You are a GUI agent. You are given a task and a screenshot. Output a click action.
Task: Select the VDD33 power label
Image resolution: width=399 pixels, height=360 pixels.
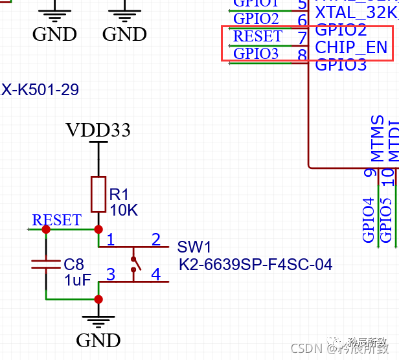click(x=98, y=130)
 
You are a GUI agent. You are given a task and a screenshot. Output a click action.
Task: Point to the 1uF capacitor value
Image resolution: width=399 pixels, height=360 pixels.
click(x=78, y=280)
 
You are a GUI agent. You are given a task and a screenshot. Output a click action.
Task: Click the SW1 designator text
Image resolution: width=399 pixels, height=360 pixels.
click(x=194, y=247)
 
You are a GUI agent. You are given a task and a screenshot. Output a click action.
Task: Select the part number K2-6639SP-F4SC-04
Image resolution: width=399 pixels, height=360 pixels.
click(x=255, y=264)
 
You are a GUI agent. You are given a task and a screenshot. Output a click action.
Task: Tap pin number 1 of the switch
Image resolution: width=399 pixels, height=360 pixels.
click(x=111, y=240)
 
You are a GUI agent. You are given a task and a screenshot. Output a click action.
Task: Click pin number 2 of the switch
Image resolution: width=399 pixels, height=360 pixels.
click(x=155, y=240)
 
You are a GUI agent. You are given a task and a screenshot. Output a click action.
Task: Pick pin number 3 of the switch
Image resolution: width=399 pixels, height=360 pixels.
click(x=111, y=275)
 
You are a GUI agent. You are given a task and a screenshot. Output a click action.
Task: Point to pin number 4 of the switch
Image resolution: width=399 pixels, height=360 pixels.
click(x=155, y=275)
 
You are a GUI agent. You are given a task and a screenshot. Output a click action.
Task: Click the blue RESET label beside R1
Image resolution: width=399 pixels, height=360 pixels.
click(x=56, y=220)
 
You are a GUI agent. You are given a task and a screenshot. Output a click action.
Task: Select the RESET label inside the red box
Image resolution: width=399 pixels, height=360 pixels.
click(x=257, y=36)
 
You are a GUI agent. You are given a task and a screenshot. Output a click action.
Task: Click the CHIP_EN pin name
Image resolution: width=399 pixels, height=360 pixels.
click(x=351, y=47)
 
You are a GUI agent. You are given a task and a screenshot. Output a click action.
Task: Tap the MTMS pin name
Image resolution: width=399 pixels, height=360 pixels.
click(x=378, y=139)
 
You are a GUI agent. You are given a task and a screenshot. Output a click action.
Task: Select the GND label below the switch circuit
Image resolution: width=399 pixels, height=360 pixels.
click(x=98, y=340)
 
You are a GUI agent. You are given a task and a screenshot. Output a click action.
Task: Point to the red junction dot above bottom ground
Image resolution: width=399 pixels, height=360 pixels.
click(x=98, y=299)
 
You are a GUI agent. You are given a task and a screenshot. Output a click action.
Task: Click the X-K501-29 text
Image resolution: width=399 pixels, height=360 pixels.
click(x=40, y=90)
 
